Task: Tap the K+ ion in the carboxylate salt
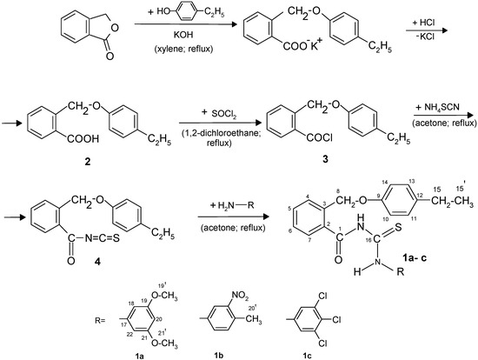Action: [307, 58]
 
